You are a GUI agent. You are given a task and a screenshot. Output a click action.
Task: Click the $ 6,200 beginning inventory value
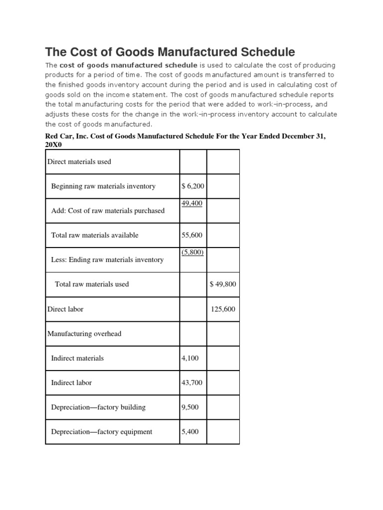point(193,186)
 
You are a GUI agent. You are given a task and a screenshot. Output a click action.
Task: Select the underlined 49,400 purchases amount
point(192,203)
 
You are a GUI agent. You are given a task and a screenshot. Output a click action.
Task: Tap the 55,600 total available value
point(192,235)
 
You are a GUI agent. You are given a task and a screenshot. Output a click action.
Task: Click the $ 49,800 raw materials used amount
point(223,284)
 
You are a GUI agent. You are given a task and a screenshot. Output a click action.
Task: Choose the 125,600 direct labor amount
point(223,309)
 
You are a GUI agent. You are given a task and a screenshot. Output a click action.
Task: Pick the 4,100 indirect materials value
point(190,358)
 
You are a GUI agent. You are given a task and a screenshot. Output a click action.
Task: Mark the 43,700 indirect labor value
point(191,382)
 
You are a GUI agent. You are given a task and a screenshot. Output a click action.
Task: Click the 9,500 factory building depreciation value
point(190,407)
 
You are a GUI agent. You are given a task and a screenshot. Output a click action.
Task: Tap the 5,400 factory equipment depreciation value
point(190,432)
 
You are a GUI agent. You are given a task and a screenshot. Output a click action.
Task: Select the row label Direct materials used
point(79,162)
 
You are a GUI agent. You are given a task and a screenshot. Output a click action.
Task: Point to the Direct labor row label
point(65,309)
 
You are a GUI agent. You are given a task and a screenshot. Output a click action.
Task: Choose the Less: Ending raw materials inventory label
point(107,260)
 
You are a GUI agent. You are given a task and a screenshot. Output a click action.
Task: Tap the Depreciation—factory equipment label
point(102,432)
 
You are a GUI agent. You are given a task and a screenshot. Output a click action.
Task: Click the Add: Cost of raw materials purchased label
point(108,211)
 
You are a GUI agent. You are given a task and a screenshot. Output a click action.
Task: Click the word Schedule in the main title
point(265,52)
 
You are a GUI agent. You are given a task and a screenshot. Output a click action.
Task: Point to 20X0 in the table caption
point(54,144)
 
